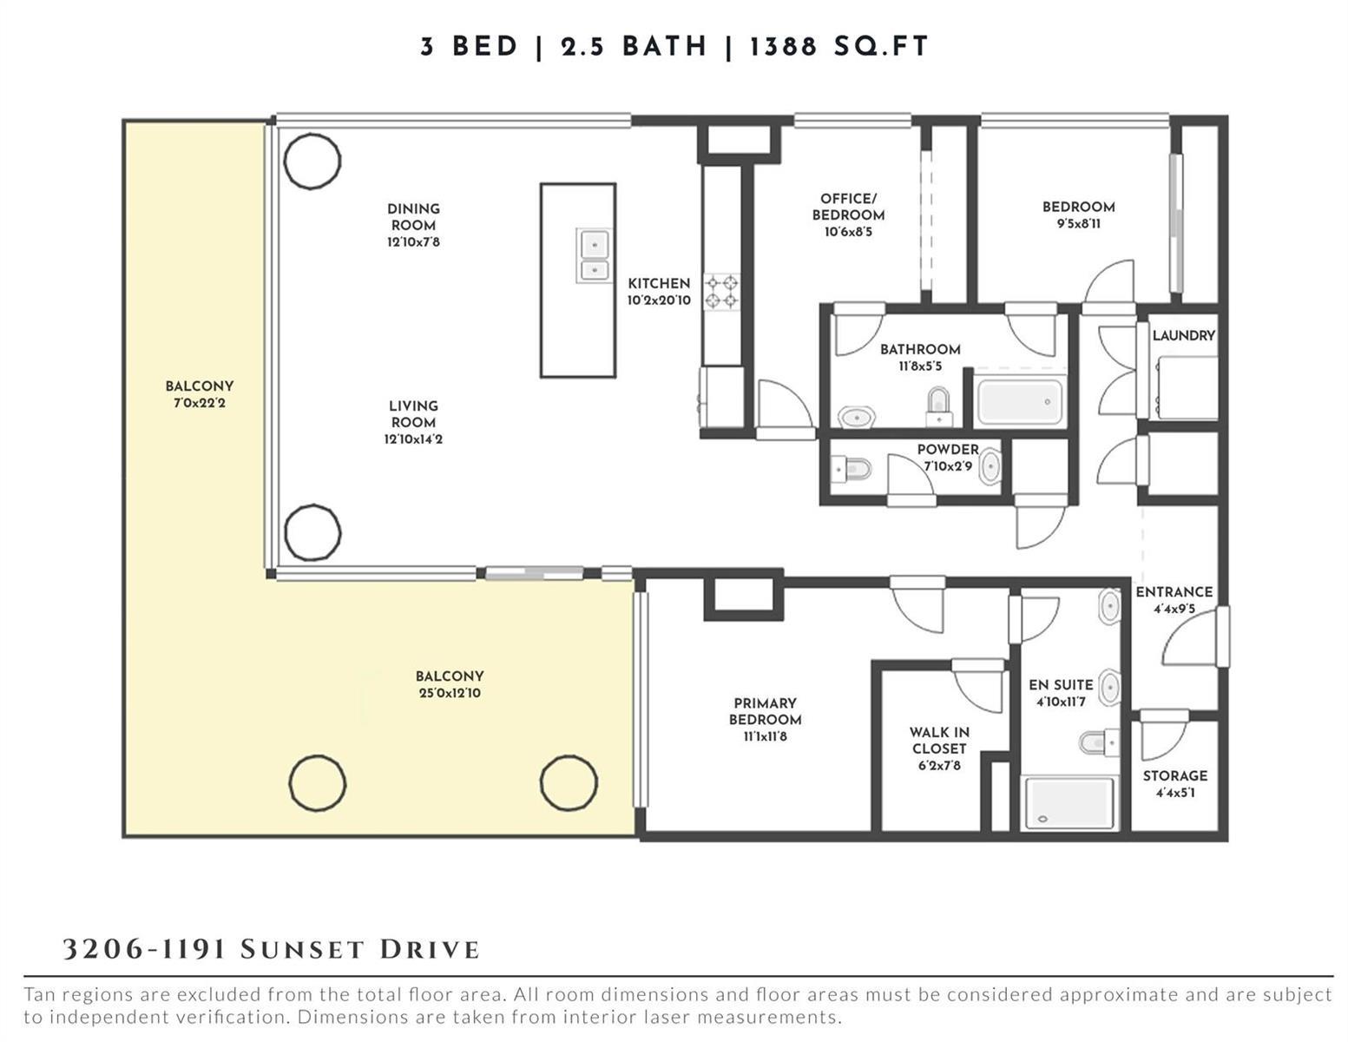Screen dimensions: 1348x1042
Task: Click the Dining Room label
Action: (x=413, y=217)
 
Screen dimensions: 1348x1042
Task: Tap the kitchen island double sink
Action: (x=595, y=255)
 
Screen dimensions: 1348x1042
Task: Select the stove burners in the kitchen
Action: (x=722, y=293)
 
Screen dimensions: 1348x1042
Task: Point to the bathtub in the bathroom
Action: (x=1019, y=401)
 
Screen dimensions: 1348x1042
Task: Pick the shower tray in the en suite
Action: (x=1069, y=803)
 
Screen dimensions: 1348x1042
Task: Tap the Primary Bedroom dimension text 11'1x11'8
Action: (x=765, y=736)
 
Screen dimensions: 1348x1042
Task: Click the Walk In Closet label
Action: (x=939, y=741)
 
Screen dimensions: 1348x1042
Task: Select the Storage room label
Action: (x=1175, y=775)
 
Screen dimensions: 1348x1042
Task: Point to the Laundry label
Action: (x=1184, y=336)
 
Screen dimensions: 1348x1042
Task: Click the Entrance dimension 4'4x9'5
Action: (x=1174, y=609)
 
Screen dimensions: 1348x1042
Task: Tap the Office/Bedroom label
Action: (x=848, y=207)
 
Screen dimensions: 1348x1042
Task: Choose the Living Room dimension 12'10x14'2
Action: (x=413, y=439)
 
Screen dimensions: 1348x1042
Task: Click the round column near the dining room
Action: (x=312, y=161)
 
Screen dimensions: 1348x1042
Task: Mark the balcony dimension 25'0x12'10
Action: (x=450, y=693)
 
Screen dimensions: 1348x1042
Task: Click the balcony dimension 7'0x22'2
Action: (x=199, y=403)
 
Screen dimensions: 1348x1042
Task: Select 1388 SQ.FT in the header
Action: (x=839, y=47)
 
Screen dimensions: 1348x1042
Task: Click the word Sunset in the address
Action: (x=301, y=950)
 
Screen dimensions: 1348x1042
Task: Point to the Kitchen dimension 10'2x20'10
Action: (x=658, y=300)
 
